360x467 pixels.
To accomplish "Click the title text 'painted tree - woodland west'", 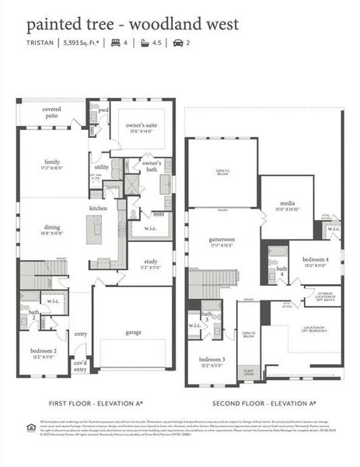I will [132, 24].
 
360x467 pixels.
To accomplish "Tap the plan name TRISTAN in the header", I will [40, 43].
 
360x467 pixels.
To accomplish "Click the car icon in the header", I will [177, 43].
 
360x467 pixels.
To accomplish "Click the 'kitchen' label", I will [98, 209].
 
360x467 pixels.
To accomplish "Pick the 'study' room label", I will [149, 263].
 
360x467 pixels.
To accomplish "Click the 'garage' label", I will [133, 332].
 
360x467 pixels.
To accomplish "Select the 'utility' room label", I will [101, 167].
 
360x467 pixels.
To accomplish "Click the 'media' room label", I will [286, 205].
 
